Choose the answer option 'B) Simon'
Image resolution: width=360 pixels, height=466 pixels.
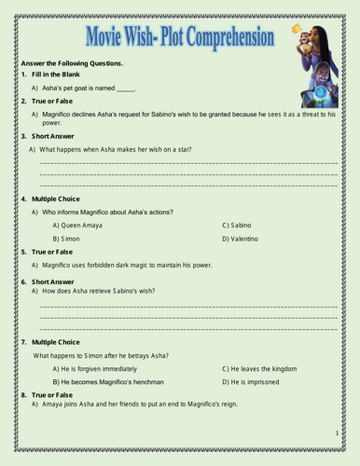(67, 240)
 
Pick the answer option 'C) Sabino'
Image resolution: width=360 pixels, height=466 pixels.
(241, 226)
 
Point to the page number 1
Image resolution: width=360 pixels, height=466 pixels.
(337, 434)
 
